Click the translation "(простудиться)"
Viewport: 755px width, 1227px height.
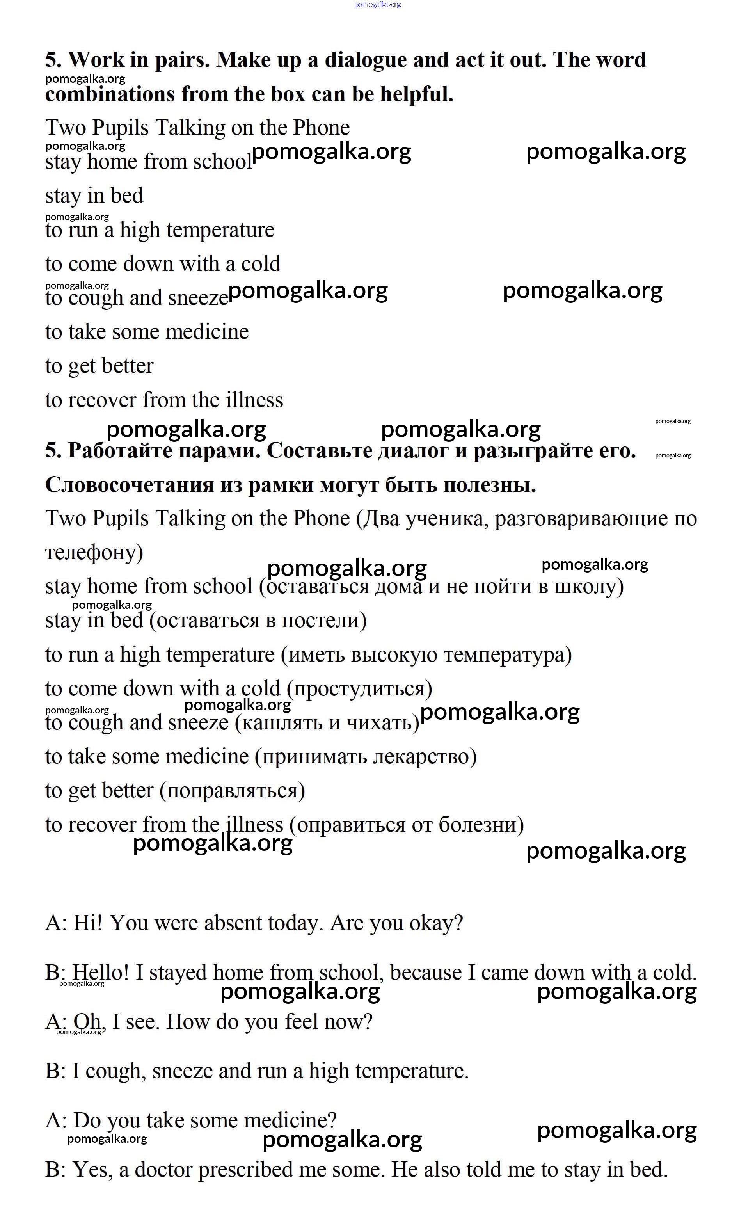(x=359, y=689)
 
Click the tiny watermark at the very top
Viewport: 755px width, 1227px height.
(x=378, y=5)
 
